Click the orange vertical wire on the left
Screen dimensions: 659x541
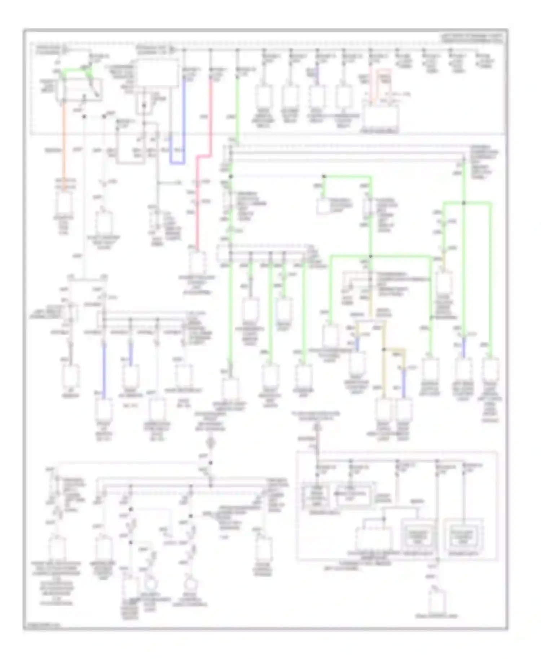[64, 144]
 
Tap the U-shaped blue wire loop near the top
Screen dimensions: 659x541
[177, 163]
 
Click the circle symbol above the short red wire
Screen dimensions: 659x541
[317, 428]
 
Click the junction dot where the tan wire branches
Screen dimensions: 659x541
[384, 349]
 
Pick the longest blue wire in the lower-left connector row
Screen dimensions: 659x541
[104, 370]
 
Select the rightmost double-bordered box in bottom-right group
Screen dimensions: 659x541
[463, 538]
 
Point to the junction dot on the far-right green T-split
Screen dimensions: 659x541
[464, 203]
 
